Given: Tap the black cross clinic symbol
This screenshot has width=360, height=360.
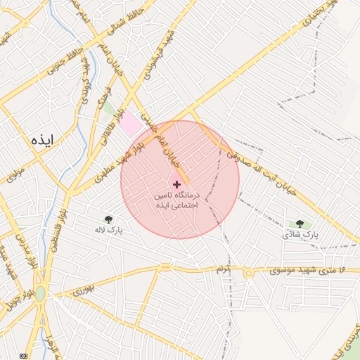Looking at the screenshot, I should click(x=176, y=184).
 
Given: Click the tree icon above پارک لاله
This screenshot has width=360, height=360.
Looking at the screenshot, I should click(x=108, y=220).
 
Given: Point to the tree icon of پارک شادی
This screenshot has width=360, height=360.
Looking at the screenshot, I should click(x=300, y=224).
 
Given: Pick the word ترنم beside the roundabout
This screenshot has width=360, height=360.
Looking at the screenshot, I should click(x=224, y=270).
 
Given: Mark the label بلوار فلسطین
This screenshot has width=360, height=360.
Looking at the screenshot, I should click(x=53, y=232).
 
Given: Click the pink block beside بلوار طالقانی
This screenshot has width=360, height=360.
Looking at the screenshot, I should click(x=130, y=124).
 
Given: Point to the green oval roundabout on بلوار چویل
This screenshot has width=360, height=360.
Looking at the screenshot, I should click(x=40, y=293).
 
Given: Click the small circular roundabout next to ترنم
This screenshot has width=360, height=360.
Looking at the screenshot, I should click(x=247, y=271).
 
